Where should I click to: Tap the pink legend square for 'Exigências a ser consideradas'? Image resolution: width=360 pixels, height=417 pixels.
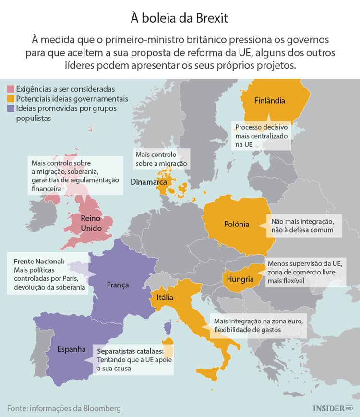11,89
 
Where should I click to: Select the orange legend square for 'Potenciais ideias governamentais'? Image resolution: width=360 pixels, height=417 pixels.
11,99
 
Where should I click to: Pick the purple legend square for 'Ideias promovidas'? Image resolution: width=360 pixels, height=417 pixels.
11,108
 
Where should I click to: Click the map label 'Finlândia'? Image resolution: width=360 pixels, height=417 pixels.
269,101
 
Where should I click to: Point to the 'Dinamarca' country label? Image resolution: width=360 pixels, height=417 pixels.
148,182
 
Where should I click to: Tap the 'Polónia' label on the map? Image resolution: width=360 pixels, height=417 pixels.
237,224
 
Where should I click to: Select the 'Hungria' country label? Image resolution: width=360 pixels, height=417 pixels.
240,279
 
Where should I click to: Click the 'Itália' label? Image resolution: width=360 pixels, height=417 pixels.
165,298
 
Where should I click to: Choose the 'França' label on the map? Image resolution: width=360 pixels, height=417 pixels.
118,285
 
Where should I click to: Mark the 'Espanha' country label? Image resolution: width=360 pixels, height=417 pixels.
72,349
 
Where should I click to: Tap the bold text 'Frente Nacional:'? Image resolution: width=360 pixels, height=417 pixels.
39,262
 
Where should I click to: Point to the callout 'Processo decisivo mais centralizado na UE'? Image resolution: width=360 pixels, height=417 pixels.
262,136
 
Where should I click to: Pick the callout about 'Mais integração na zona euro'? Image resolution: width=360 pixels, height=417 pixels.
257,325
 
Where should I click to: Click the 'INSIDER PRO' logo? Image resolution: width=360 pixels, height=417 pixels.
332,408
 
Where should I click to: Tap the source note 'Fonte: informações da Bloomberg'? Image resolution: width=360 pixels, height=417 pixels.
64,408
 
